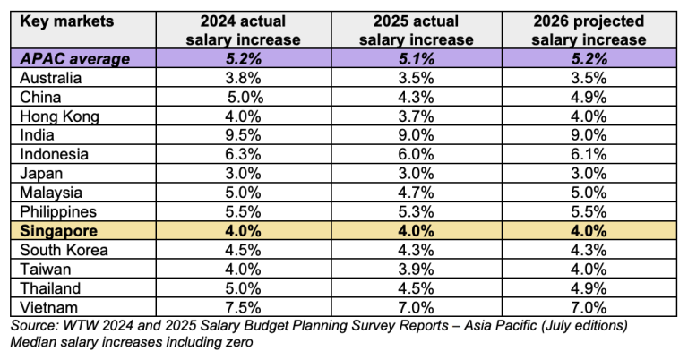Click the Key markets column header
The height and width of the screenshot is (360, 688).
coord(66,21)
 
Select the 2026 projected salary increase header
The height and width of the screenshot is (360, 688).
coord(589,30)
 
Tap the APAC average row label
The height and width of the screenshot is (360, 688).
coord(75,59)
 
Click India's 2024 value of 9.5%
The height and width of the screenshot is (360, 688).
coord(243,135)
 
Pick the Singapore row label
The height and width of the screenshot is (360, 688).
coord(59,231)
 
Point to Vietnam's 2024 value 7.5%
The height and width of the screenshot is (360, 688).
coord(243,307)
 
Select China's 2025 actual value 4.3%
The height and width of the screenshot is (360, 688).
coord(416,97)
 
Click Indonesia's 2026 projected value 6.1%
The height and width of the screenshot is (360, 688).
coord(589,154)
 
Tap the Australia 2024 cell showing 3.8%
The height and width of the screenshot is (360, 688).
coord(243,78)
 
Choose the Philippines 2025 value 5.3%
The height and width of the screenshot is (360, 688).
coord(416,211)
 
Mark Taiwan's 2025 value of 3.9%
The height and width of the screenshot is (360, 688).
coord(416,270)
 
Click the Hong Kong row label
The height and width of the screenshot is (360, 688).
coord(60,116)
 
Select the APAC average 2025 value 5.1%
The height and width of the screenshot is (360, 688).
coord(416,59)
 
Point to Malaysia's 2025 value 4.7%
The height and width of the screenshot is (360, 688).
coord(416,193)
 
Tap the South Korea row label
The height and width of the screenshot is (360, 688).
coord(64,250)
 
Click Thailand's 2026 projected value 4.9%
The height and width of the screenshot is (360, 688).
coord(589,288)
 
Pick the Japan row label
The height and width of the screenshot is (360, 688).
coord(41,174)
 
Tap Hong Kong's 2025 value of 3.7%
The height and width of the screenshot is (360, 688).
coord(416,116)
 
